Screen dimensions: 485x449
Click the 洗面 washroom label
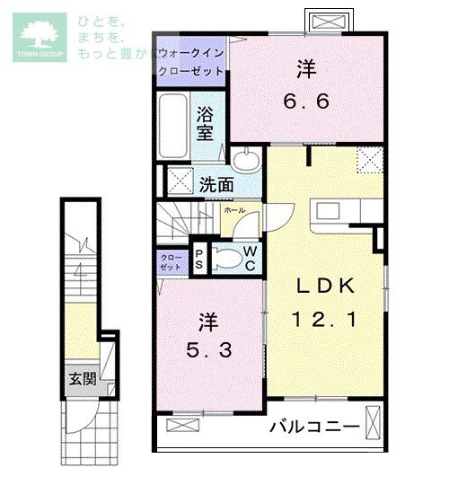(x=216, y=183)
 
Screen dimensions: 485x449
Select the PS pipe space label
(x=199, y=260)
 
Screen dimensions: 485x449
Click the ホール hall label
(x=233, y=208)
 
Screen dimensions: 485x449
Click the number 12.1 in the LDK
(x=325, y=318)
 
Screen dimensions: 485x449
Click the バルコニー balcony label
(x=314, y=426)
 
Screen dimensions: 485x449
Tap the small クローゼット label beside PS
(x=172, y=261)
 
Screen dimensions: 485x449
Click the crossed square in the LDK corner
(x=368, y=162)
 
